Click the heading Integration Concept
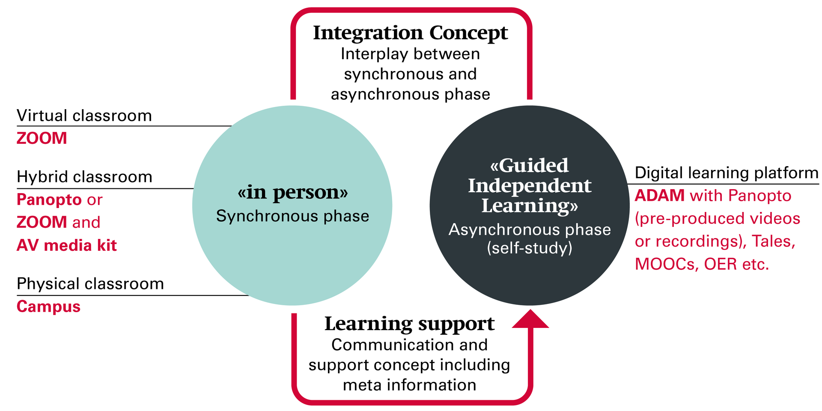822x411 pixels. pyautogui.click(x=410, y=33)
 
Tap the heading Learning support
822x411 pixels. pyautogui.click(x=409, y=324)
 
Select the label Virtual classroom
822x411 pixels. pyautogui.click(x=84, y=116)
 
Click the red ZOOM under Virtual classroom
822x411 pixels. pyautogui.click(x=42, y=138)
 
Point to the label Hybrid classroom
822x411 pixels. pyautogui.click(x=84, y=177)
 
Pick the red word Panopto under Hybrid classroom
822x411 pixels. pyautogui.click(x=49, y=200)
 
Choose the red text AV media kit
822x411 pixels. pyautogui.click(x=66, y=245)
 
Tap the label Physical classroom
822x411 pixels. pyautogui.click(x=90, y=284)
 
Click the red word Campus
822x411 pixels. pyautogui.click(x=48, y=307)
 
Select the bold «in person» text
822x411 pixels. pyautogui.click(x=292, y=192)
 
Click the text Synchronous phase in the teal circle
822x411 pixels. pyautogui.click(x=292, y=216)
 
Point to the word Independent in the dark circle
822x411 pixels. pyautogui.click(x=530, y=186)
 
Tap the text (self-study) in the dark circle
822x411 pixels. pyautogui.click(x=530, y=248)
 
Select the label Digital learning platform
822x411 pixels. pyautogui.click(x=727, y=173)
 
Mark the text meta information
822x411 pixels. pyautogui.click(x=409, y=385)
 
